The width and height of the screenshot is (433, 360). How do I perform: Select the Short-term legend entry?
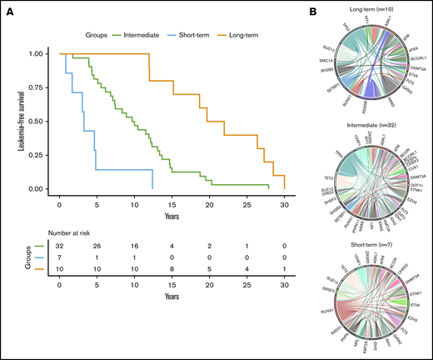(202, 37)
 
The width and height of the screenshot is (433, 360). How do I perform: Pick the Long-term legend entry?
(255, 37)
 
